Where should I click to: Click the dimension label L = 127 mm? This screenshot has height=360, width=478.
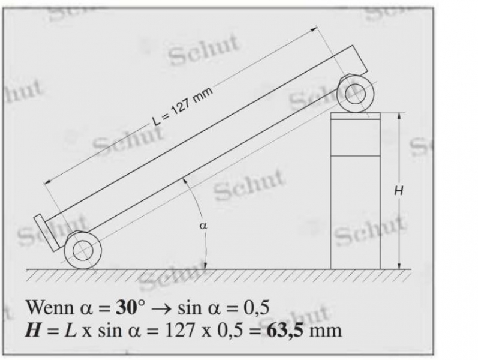click(182, 106)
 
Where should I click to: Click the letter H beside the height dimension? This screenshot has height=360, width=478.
click(399, 191)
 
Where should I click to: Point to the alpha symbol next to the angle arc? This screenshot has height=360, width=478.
click(203, 226)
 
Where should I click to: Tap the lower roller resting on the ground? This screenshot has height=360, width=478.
click(83, 250)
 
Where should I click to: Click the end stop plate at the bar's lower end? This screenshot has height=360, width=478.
click(47, 233)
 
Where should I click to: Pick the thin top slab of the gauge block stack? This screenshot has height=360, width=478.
click(356, 116)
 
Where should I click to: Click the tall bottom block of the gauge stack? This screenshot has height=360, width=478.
click(356, 212)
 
